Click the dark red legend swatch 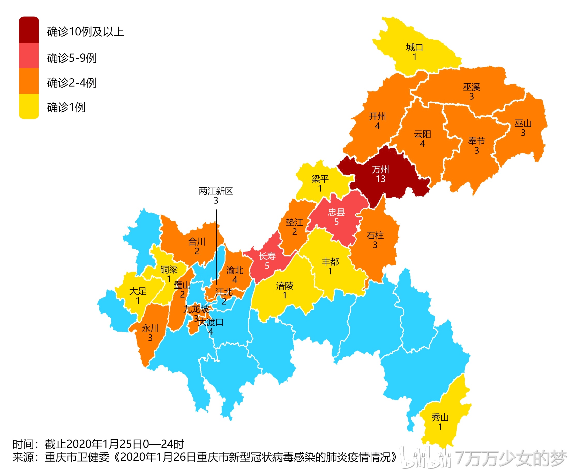point(29,30)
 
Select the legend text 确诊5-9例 point(72,58)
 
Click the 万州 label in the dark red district point(380,169)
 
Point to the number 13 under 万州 point(380,179)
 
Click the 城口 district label point(414,48)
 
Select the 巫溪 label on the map point(471,87)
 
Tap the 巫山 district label point(523,123)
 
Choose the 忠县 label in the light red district point(336,212)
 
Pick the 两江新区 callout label point(216,191)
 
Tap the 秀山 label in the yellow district point(440,417)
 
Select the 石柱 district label point(375,236)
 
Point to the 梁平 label point(320,179)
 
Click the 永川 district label point(150,329)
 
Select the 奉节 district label point(476,141)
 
